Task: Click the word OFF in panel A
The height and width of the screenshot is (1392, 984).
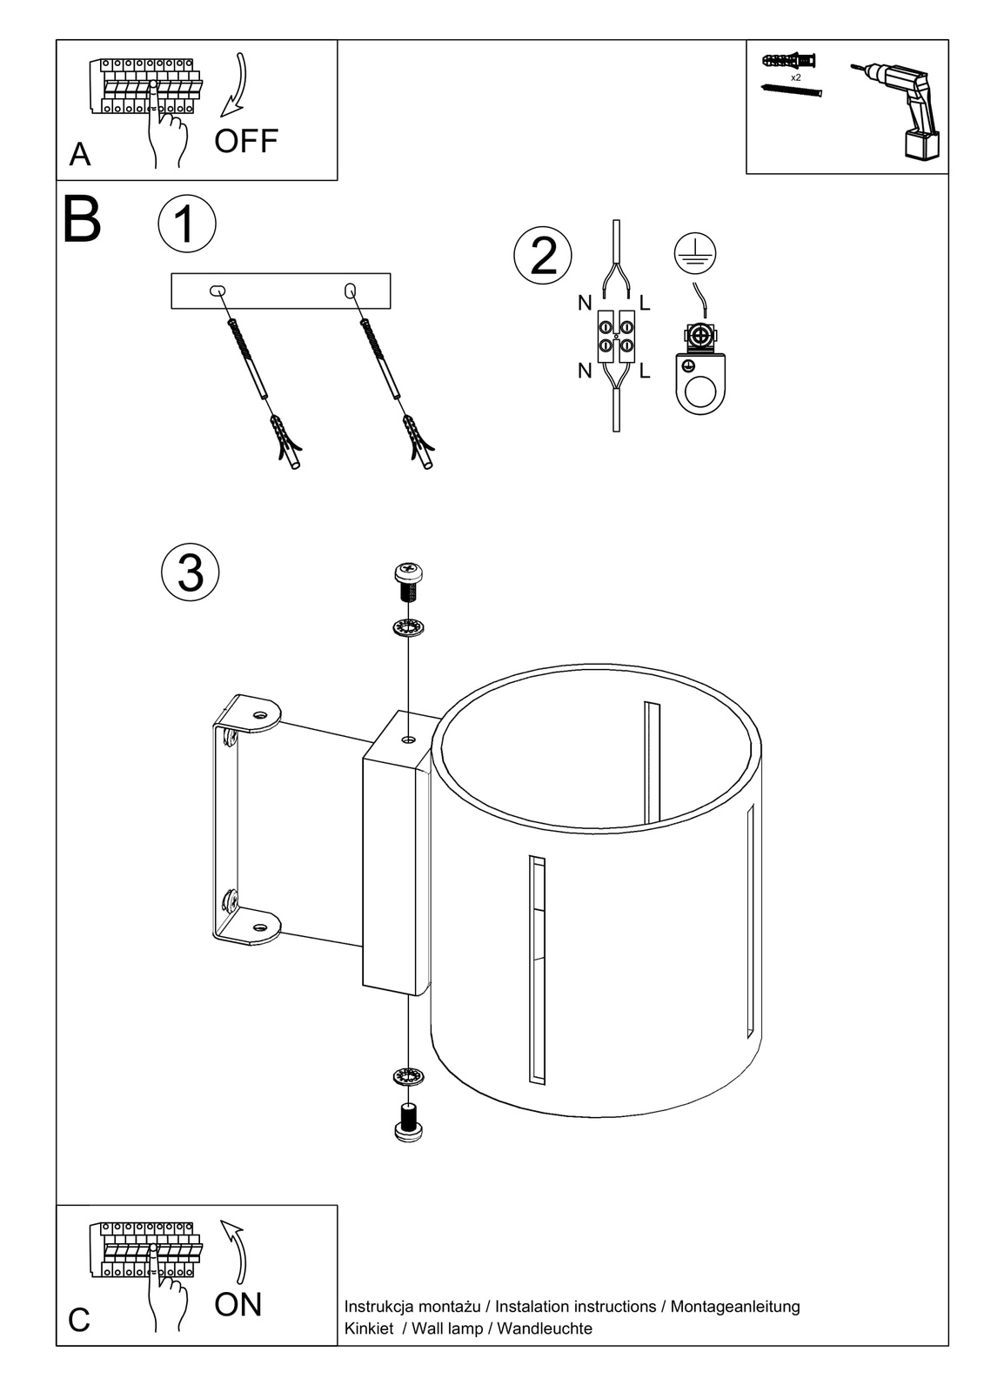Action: (246, 141)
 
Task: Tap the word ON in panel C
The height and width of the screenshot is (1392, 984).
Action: (238, 1304)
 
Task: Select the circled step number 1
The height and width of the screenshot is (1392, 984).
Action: (187, 224)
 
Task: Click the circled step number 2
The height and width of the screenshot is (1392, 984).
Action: (543, 256)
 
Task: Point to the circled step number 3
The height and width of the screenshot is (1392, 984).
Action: (191, 572)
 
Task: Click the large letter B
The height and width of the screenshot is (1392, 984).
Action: (83, 221)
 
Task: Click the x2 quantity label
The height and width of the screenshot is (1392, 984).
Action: (795, 77)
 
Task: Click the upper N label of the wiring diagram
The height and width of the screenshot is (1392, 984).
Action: (585, 304)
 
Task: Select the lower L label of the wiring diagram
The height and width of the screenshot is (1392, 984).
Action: (645, 371)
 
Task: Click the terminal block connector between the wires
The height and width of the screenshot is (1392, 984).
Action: (615, 337)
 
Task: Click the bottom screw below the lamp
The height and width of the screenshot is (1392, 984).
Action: (407, 1121)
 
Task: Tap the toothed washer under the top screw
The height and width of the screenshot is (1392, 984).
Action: (407, 627)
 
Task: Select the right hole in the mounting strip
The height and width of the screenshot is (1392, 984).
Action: (351, 290)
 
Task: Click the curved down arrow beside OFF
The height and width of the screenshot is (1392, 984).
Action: (236, 86)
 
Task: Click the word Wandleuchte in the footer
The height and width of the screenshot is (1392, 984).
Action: (545, 1328)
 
